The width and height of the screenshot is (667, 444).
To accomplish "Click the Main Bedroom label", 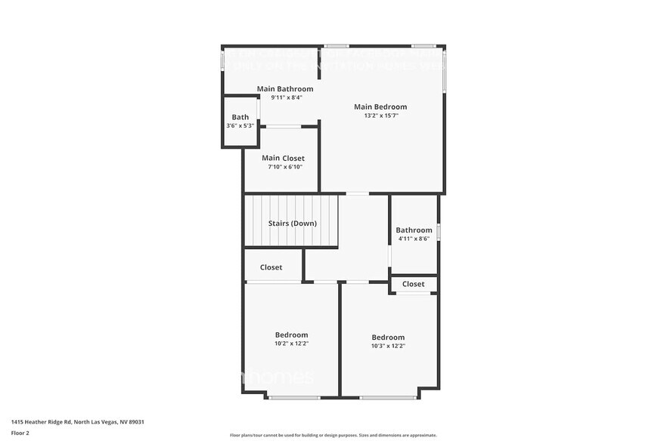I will click(380, 106).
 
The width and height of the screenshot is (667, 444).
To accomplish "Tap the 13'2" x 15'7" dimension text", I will click(380, 116).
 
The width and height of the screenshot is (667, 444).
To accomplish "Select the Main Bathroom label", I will click(285, 88).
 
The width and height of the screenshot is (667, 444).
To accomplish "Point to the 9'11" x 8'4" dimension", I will click(285, 97).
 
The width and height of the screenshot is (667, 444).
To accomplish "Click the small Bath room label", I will click(240, 117).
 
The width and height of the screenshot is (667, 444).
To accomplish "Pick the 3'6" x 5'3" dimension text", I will click(240, 125).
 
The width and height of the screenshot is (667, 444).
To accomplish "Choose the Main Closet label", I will click(284, 158).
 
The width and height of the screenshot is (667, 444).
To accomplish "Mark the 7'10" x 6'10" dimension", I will click(284, 167).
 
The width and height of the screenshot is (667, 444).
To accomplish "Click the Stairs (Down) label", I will click(293, 223).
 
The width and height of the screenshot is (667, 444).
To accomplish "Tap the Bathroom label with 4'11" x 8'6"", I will click(414, 230).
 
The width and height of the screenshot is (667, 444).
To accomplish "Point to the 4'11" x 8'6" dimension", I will click(414, 239).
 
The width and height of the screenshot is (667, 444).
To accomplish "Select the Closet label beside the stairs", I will click(271, 267).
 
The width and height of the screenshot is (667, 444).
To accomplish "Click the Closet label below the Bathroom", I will click(413, 284).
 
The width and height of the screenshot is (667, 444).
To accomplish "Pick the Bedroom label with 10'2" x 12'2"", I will click(291, 335).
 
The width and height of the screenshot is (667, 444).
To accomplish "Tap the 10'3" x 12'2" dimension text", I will click(388, 346).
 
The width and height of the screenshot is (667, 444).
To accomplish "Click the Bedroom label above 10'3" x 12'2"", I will click(388, 337).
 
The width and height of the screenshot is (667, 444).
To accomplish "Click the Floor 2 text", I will click(20, 433).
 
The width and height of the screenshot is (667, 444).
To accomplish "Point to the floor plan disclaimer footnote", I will click(333, 435).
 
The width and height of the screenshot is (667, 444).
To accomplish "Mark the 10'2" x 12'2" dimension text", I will click(291, 344).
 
